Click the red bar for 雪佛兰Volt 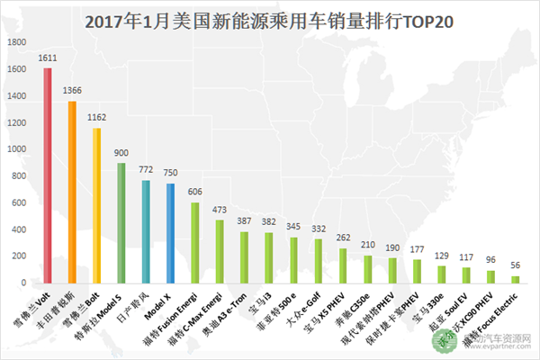tap(48, 175)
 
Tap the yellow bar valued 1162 tap(96, 205)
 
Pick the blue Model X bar tap(170, 233)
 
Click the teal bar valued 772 tap(146, 231)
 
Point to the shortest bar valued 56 tap(516, 279)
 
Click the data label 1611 tap(48, 58)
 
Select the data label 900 tap(121, 152)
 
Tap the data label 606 tap(194, 192)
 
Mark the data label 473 tap(220, 210)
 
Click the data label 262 tap(343, 238)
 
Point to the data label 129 tap(441, 256)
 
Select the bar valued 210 tap(367, 269)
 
